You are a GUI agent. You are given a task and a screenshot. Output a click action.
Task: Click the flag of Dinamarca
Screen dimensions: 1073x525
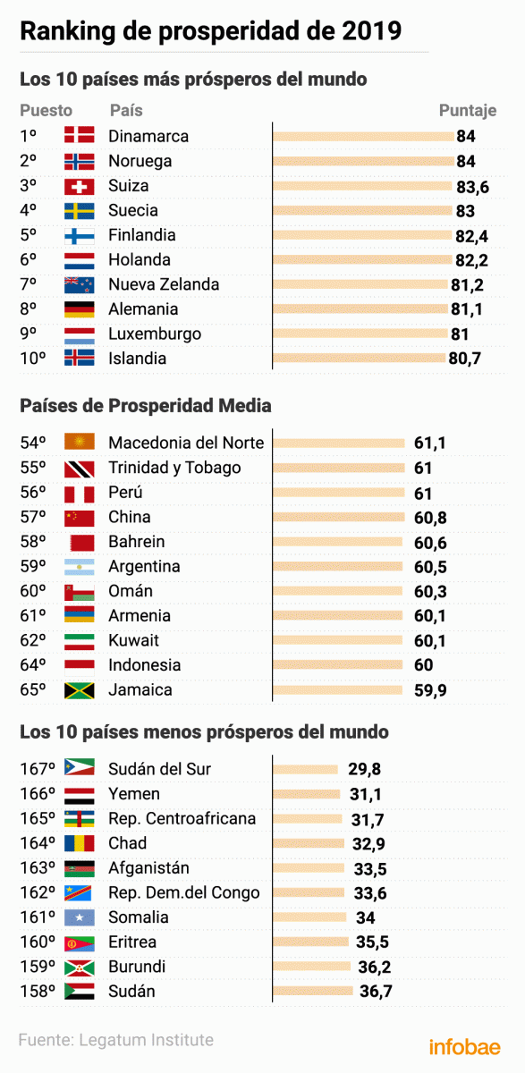pos(79,136)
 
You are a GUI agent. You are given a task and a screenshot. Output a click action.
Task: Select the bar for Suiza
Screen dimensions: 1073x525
pos(362,186)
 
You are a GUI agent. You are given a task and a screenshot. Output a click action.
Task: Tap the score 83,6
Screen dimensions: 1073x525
pos(472,186)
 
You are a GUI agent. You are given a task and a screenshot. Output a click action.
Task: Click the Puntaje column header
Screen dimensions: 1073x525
pos(467,111)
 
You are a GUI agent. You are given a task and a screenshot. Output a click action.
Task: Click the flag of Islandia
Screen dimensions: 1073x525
pos(79,359)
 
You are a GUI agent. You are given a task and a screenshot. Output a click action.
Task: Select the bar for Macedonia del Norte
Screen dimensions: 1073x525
pos(339,443)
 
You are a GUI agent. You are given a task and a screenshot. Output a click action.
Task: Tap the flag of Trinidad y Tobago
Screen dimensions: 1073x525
pos(79,468)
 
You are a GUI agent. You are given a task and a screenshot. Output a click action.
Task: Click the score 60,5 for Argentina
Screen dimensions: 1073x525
pos(430,566)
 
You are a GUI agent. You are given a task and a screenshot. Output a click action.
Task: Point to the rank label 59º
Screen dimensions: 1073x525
pos(33,566)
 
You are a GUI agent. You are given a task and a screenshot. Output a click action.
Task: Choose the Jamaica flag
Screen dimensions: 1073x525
pos(79,689)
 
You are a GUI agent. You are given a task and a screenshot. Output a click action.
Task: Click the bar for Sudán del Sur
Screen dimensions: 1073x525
pos(305,769)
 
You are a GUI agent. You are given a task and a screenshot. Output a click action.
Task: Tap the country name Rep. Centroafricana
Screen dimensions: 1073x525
pos(182,818)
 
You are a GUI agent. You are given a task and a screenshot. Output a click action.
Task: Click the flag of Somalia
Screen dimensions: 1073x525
pos(79,917)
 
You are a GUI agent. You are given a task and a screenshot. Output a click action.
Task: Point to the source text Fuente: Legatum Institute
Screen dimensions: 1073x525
pos(116,1040)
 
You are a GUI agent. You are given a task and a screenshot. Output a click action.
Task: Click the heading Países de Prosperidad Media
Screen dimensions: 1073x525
pos(146,406)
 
